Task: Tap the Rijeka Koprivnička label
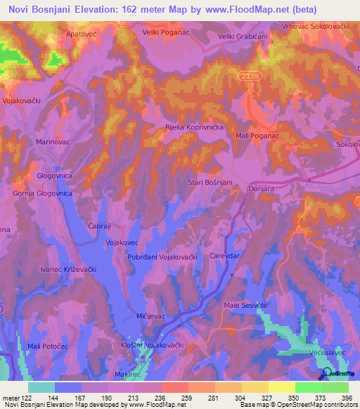(194, 127)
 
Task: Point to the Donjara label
(261, 190)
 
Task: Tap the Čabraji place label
(101, 226)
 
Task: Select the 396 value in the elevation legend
(345, 398)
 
